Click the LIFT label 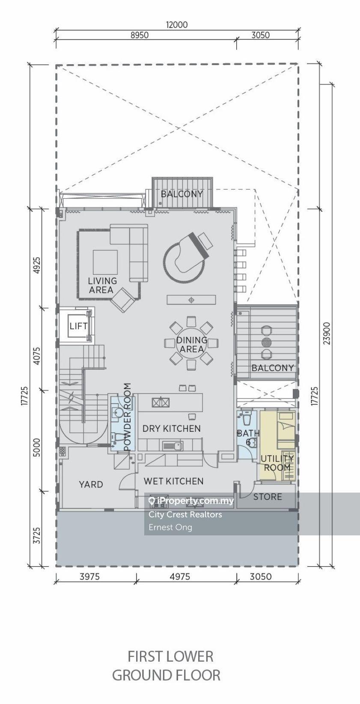click(x=79, y=326)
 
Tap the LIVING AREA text click(x=102, y=285)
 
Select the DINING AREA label click(x=191, y=344)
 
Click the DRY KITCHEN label click(x=171, y=428)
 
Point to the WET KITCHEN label click(x=173, y=481)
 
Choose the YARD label click(x=91, y=484)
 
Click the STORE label click(x=268, y=496)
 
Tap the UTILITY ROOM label click(x=277, y=463)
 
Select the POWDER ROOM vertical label click(x=127, y=417)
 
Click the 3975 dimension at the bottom click(x=89, y=576)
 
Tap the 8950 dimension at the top click(x=140, y=35)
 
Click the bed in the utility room click(x=286, y=431)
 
